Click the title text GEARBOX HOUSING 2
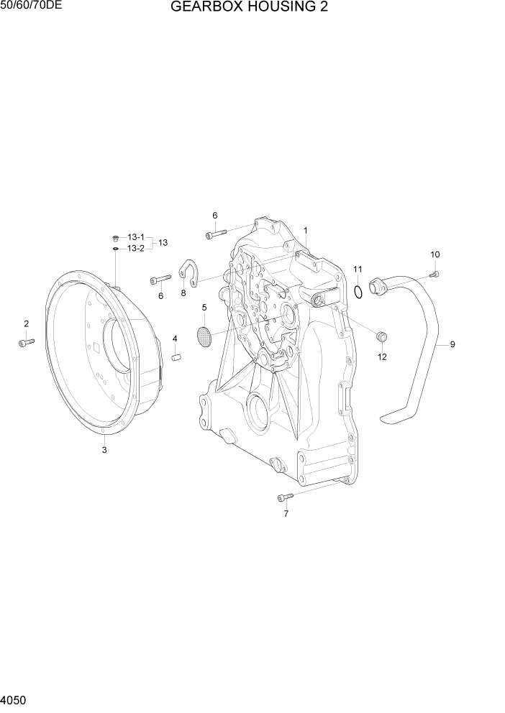pyautogui.click(x=245, y=9)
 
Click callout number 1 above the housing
pyautogui.click(x=306, y=231)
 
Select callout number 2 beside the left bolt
pyautogui.click(x=26, y=324)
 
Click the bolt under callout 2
pyautogui.click(x=26, y=343)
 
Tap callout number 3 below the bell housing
pyautogui.click(x=104, y=450)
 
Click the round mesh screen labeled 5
pyautogui.click(x=204, y=336)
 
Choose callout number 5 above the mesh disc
pyautogui.click(x=204, y=308)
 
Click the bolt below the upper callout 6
pyautogui.click(x=215, y=233)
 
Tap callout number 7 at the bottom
pyautogui.click(x=286, y=514)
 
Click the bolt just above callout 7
pyautogui.click(x=285, y=497)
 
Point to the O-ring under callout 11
pyautogui.click(x=358, y=290)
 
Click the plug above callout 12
pyautogui.click(x=382, y=336)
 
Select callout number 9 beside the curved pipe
pyautogui.click(x=452, y=344)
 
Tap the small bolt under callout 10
pyautogui.click(x=435, y=272)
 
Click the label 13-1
pyautogui.click(x=135, y=237)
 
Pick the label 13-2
pyautogui.click(x=135, y=249)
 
